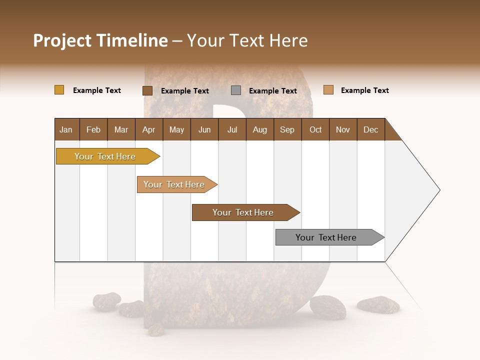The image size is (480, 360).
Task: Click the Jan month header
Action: (66, 129)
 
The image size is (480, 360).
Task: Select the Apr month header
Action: (148, 129)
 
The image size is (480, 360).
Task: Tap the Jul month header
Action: (232, 129)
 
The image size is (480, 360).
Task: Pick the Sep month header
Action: (287, 129)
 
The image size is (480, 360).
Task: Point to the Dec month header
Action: (370, 129)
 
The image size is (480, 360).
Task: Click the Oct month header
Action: (315, 129)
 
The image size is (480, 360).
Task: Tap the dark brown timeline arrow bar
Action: (243, 212)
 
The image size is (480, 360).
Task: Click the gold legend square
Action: (59, 90)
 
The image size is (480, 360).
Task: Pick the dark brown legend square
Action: (147, 90)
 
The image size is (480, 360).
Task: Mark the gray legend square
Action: (236, 90)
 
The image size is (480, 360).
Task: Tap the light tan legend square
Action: (328, 90)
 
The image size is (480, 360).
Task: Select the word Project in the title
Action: (61, 40)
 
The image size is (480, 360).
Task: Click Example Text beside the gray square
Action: (272, 90)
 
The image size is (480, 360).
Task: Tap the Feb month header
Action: (93, 129)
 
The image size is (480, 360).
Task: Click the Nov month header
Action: (343, 129)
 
